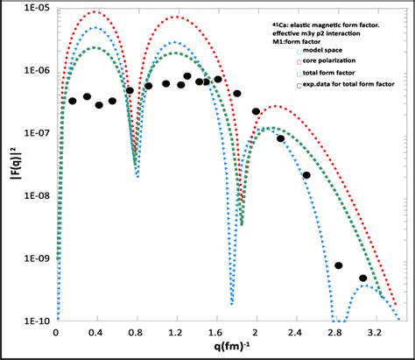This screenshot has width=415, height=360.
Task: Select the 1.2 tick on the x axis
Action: (x=176, y=334)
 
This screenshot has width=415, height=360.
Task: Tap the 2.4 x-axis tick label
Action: (x=295, y=334)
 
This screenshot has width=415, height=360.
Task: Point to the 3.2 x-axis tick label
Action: (x=374, y=334)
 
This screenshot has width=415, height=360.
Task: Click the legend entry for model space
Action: (x=321, y=51)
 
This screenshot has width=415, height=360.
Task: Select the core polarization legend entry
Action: (x=327, y=62)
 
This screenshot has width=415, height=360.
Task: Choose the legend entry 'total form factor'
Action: (x=327, y=74)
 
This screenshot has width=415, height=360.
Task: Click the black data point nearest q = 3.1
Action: (x=363, y=278)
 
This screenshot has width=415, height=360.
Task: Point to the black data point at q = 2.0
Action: (x=257, y=111)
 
